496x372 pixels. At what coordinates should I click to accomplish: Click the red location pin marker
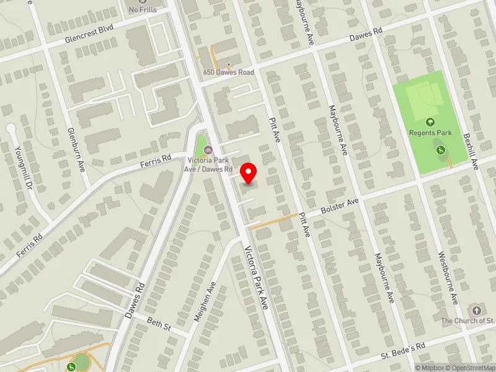click(249, 173)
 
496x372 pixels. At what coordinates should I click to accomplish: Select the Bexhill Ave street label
click(474, 151)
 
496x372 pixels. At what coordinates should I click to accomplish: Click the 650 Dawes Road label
click(229, 73)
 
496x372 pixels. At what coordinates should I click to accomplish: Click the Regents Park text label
click(430, 133)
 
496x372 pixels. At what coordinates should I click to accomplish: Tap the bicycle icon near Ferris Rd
click(209, 149)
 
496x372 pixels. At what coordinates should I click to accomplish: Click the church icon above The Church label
click(476, 309)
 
